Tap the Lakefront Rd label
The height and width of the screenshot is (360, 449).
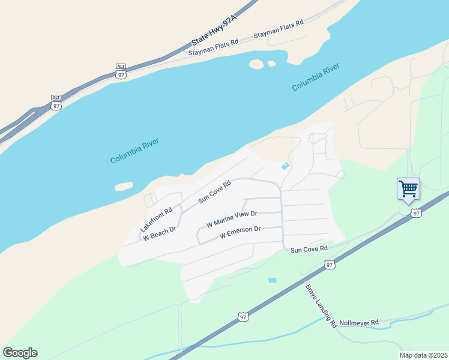point(156,220)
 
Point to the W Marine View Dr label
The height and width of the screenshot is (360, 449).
point(232,218)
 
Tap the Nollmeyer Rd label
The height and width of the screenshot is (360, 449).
point(358,322)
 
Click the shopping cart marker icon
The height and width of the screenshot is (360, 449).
point(408,189)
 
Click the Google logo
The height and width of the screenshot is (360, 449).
point(20,352)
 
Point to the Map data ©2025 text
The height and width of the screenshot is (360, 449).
point(423,355)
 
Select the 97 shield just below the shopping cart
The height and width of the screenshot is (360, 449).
point(416,213)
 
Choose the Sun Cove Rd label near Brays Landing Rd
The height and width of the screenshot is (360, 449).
point(309,248)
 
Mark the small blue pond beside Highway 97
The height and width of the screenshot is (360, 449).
point(273,280)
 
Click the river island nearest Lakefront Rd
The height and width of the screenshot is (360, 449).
point(124,187)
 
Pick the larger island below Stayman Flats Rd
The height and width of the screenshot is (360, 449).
point(256,64)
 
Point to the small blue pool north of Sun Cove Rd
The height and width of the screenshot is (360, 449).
point(285,166)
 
